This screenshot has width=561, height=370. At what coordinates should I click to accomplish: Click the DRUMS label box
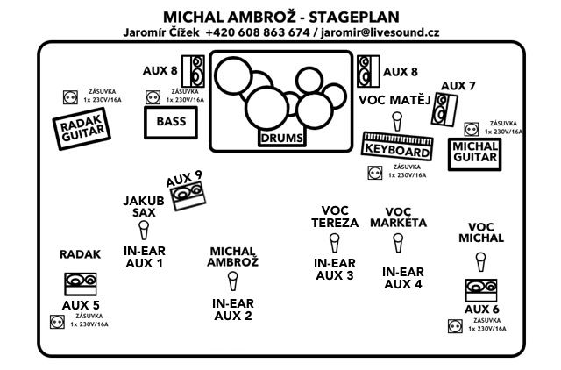[282, 138]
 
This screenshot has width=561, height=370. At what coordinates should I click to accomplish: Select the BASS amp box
[171, 122]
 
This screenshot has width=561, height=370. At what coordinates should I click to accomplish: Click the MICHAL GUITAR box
[474, 156]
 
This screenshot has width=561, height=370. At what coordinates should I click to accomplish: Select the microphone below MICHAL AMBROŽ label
[232, 281]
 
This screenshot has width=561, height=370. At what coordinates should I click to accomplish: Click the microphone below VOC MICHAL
[480, 261]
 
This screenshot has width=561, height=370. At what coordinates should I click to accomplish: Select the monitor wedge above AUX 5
[80, 283]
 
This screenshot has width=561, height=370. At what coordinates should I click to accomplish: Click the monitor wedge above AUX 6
[481, 289]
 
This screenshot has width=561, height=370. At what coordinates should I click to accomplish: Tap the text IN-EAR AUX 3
[333, 269]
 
